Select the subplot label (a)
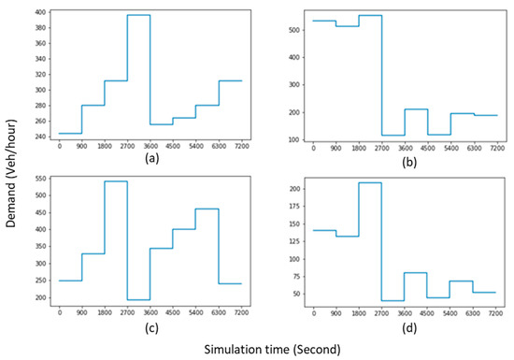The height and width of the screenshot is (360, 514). tap(150, 158)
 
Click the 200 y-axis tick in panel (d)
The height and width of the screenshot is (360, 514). tap(298, 189)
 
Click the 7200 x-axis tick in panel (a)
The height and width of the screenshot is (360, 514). tap(241, 147)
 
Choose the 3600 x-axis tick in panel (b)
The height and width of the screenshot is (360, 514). tap(405, 147)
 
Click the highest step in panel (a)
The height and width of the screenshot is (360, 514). tap(138, 15)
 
